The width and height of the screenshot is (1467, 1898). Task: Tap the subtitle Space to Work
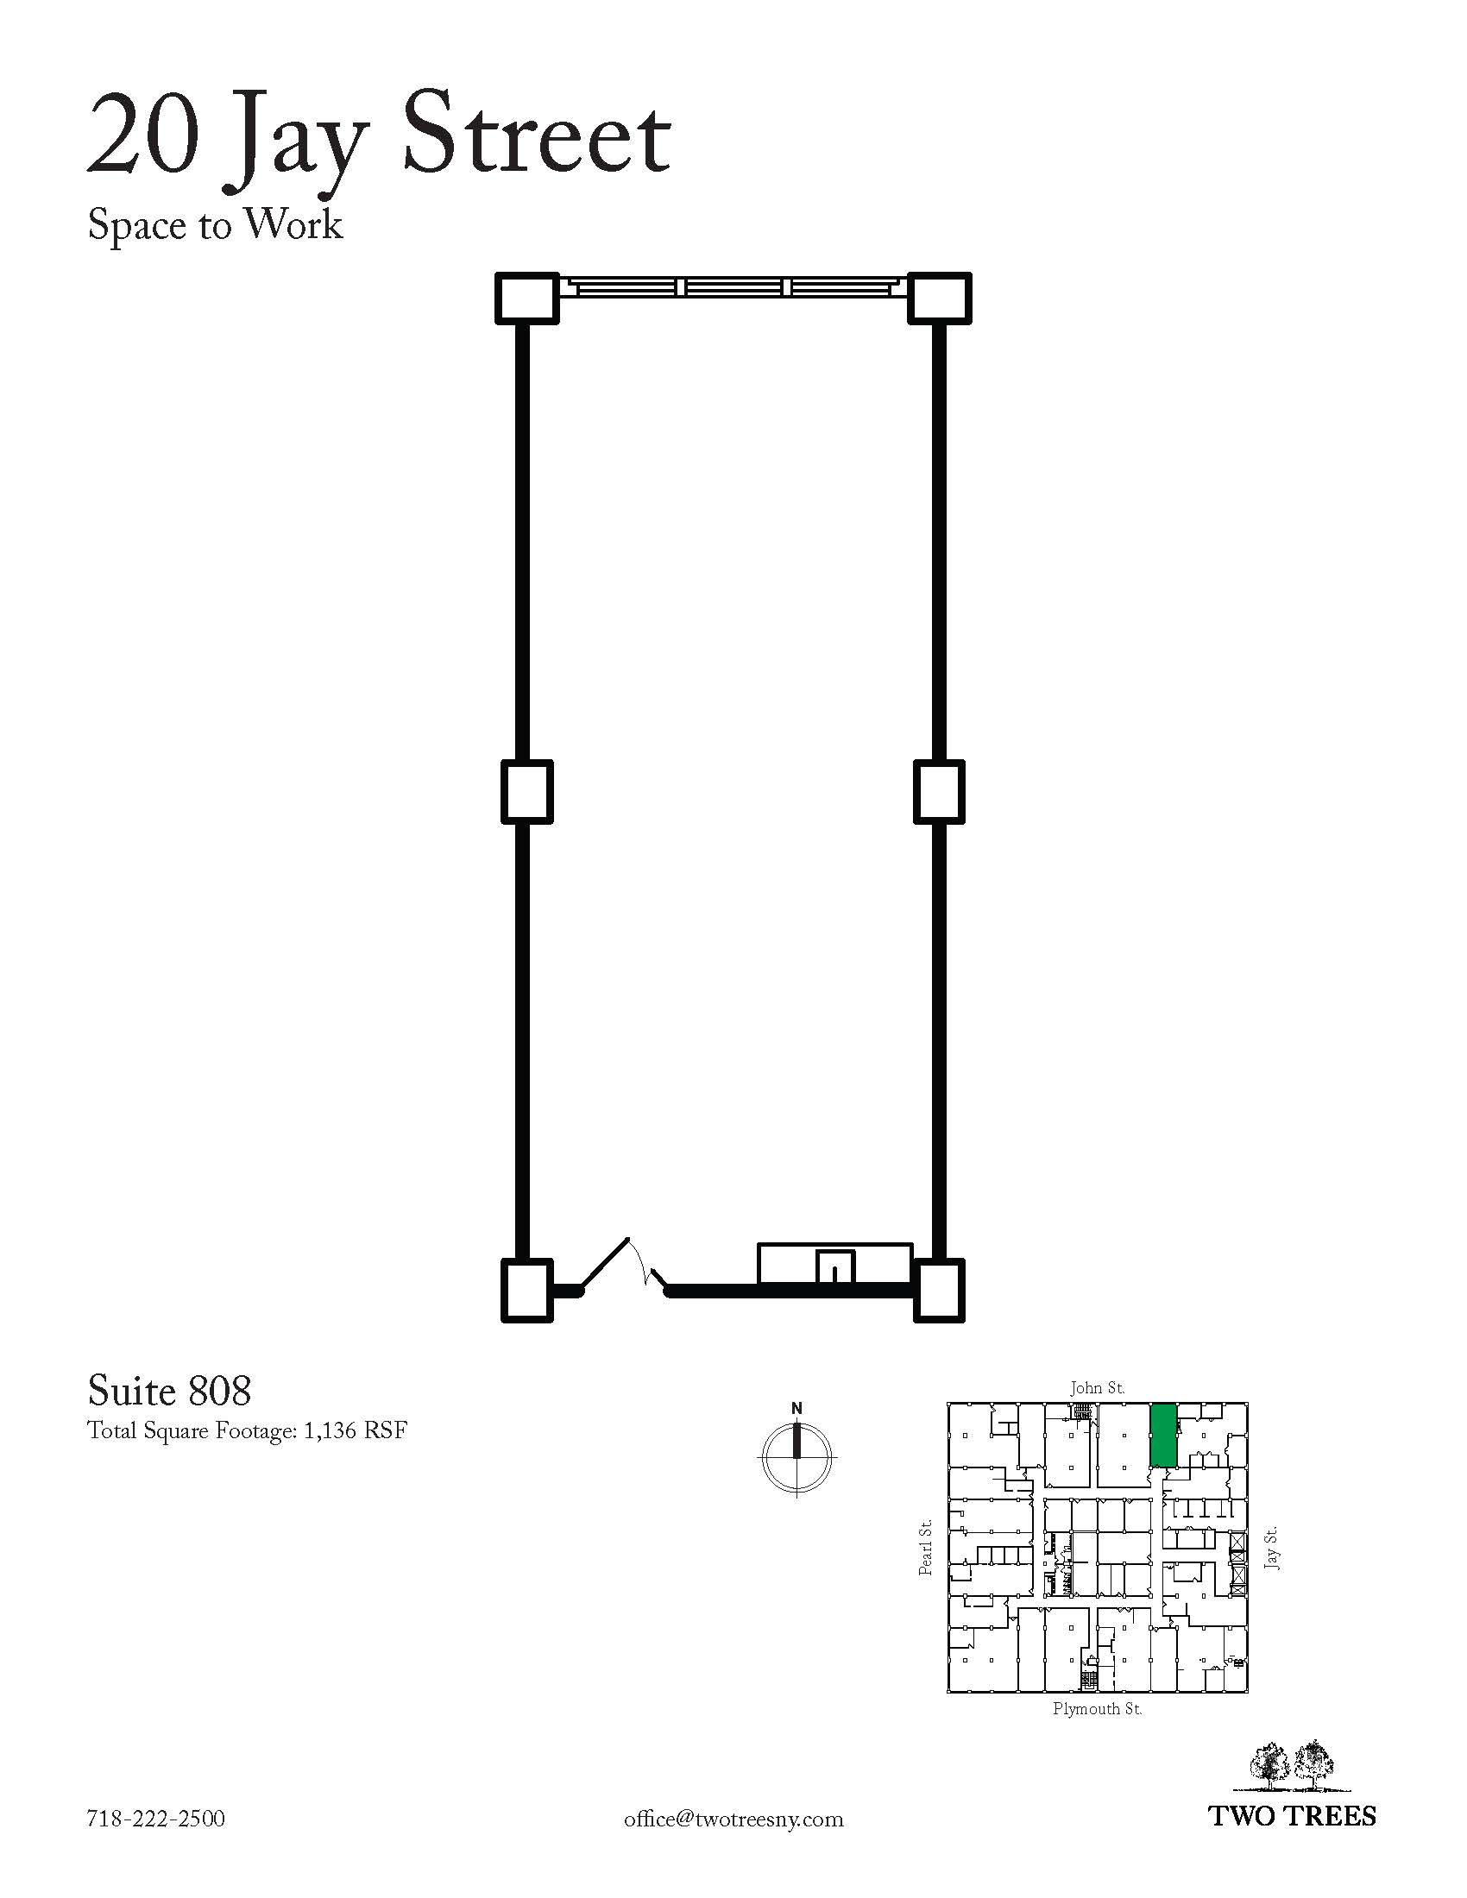point(215,225)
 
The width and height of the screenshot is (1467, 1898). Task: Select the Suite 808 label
point(169,1391)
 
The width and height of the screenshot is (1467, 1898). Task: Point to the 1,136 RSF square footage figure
point(356,1431)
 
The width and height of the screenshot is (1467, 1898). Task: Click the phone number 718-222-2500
point(155,1819)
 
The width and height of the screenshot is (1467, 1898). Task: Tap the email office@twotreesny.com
point(733,1819)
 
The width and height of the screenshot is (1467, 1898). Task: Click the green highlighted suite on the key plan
point(1164,1435)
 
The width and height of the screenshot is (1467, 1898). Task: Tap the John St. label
point(1097,1388)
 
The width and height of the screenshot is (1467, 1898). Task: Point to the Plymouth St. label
point(1097,1709)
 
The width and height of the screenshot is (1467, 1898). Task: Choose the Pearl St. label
point(927,1547)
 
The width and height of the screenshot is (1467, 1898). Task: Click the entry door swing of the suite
point(623,1265)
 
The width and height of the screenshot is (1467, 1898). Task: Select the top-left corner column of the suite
point(526,299)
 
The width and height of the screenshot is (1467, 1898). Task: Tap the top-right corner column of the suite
point(940,299)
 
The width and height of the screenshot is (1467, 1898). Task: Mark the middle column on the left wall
point(526,792)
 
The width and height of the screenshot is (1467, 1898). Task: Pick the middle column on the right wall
point(940,792)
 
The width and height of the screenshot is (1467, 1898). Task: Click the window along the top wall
point(733,287)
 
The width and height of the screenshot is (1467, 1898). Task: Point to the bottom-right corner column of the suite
point(940,1291)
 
